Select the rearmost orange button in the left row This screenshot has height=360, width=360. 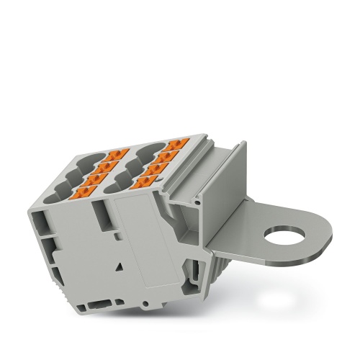[116, 154]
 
